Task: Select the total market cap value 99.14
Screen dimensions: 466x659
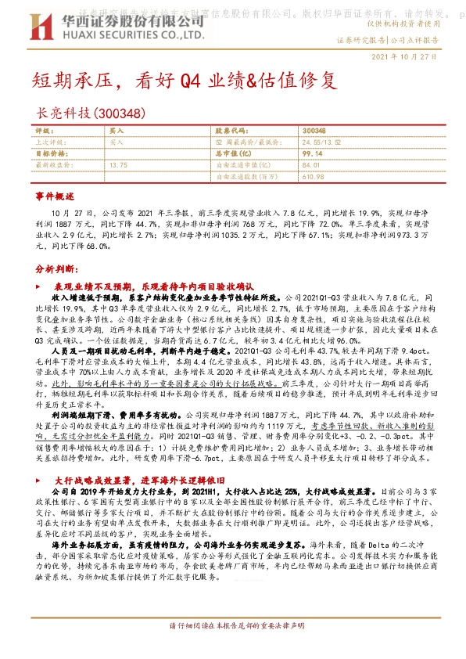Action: pos(312,153)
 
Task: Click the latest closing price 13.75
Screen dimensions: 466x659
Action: pos(119,165)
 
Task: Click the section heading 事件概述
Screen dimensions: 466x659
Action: pos(55,194)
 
